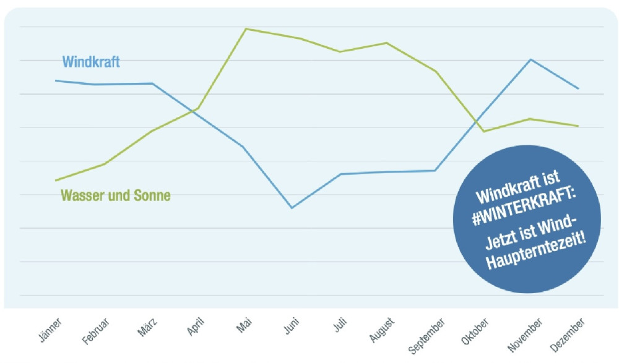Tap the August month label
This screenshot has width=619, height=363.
[382, 329]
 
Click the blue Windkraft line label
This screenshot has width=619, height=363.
[91, 62]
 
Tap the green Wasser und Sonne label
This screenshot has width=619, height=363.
[115, 195]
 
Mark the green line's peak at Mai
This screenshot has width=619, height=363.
[246, 28]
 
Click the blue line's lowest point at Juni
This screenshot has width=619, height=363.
[292, 208]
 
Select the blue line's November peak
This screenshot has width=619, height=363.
[530, 59]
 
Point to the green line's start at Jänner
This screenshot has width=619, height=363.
[56, 181]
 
